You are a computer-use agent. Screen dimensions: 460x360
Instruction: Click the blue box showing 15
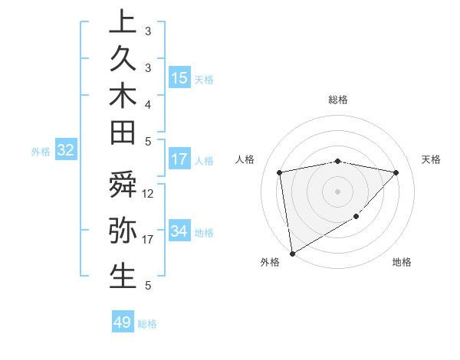tap(179, 77)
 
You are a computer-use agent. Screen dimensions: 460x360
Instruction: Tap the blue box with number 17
tap(179, 159)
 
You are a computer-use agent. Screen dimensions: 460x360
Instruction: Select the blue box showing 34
tap(179, 231)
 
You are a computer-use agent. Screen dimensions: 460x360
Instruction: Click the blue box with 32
tap(65, 151)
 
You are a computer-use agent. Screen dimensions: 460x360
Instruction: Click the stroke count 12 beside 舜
tap(148, 194)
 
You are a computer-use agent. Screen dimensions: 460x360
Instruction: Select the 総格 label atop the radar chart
tap(338, 100)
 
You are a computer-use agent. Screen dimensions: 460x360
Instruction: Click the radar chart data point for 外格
tap(292, 254)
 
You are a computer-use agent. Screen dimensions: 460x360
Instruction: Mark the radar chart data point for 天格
tap(396, 172)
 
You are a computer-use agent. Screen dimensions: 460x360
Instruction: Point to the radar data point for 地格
tap(356, 217)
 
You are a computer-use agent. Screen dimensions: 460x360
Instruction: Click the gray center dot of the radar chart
tap(338, 191)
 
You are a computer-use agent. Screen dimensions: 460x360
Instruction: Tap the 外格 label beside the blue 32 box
tap(41, 152)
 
